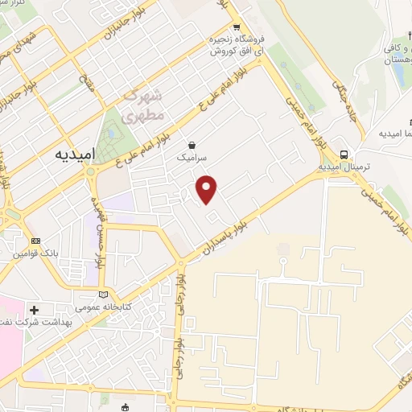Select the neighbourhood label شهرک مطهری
click(144, 106)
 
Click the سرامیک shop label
click(193, 159)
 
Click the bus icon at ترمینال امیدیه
click(344, 154)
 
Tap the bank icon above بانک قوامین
click(35, 240)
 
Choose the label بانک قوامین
click(30, 253)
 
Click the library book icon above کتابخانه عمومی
click(102, 293)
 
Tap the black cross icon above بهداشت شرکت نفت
click(34, 310)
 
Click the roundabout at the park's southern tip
click(91, 171)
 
